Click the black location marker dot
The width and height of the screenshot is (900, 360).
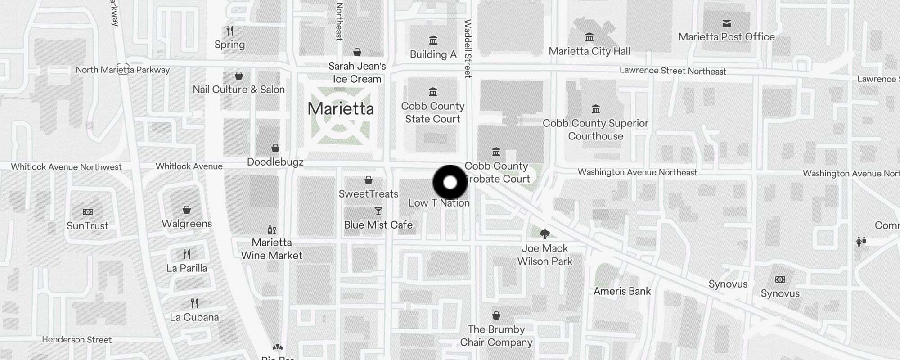tap(450, 183)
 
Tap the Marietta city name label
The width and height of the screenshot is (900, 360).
tap(341, 108)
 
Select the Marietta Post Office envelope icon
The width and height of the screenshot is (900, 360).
tap(726, 23)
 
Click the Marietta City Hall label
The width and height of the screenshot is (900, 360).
tap(589, 51)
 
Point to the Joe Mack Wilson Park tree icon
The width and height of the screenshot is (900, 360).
tap(544, 234)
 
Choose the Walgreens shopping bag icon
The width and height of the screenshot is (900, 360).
tap(187, 210)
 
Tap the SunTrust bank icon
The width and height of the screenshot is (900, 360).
tap(88, 212)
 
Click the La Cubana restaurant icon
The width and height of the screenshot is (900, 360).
tap(194, 303)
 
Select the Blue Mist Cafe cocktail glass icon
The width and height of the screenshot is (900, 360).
tap(378, 211)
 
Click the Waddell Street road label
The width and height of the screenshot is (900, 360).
tap(468, 49)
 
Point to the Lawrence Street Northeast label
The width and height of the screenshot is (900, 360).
tap(673, 71)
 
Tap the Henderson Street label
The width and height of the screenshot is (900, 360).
tap(76, 340)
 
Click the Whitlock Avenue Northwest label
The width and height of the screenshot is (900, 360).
tap(66, 167)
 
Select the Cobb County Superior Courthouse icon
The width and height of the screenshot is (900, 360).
tap(595, 109)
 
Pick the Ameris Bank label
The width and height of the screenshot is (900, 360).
tap(622, 291)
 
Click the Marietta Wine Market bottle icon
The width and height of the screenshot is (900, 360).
tap(271, 229)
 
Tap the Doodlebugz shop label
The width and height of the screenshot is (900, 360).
tap(275, 162)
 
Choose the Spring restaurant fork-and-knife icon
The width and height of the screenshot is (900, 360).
tap(230, 31)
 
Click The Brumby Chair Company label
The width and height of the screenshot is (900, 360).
tap(496, 336)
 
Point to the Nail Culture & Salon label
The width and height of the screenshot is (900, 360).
tap(238, 90)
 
